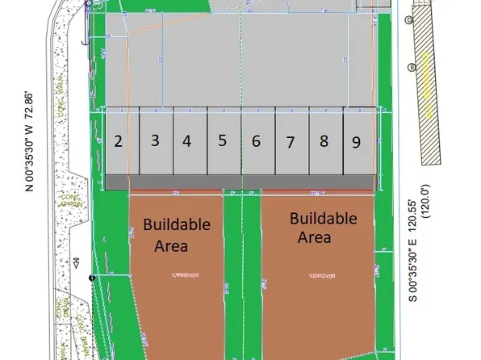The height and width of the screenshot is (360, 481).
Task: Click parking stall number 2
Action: [x=119, y=142]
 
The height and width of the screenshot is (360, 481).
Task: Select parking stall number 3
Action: [x=155, y=140]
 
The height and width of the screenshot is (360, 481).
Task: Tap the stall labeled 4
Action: [x=187, y=141]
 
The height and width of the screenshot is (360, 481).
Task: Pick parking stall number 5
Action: [x=222, y=140]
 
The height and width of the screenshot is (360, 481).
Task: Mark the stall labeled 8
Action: [x=324, y=141]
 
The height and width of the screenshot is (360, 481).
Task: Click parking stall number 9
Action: [x=356, y=142]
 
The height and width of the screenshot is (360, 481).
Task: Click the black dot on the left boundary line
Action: [x=93, y=278]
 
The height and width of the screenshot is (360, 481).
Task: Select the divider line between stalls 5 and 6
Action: [x=240, y=141]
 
